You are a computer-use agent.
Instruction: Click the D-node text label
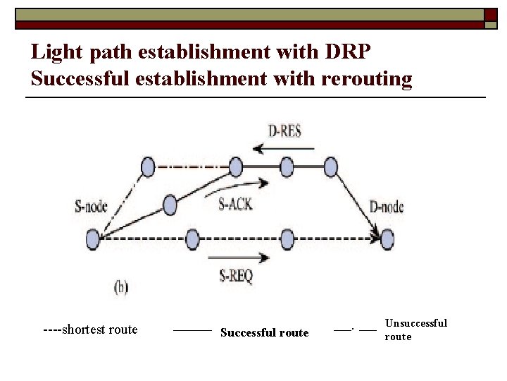tap(387, 207)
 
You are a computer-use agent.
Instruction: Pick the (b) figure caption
tap(121, 287)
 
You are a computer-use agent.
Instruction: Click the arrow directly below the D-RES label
tap(279, 148)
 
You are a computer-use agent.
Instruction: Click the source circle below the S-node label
tap(93, 240)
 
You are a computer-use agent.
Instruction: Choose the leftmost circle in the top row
tap(147, 167)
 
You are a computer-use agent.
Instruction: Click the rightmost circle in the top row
tap(332, 167)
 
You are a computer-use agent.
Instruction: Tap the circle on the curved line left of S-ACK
tap(170, 205)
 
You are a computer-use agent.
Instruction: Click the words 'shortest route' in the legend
tap(100, 329)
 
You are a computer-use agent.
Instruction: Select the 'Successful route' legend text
tap(264, 332)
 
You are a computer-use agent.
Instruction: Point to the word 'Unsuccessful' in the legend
tap(415, 323)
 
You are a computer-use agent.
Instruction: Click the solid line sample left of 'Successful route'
tap(192, 329)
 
